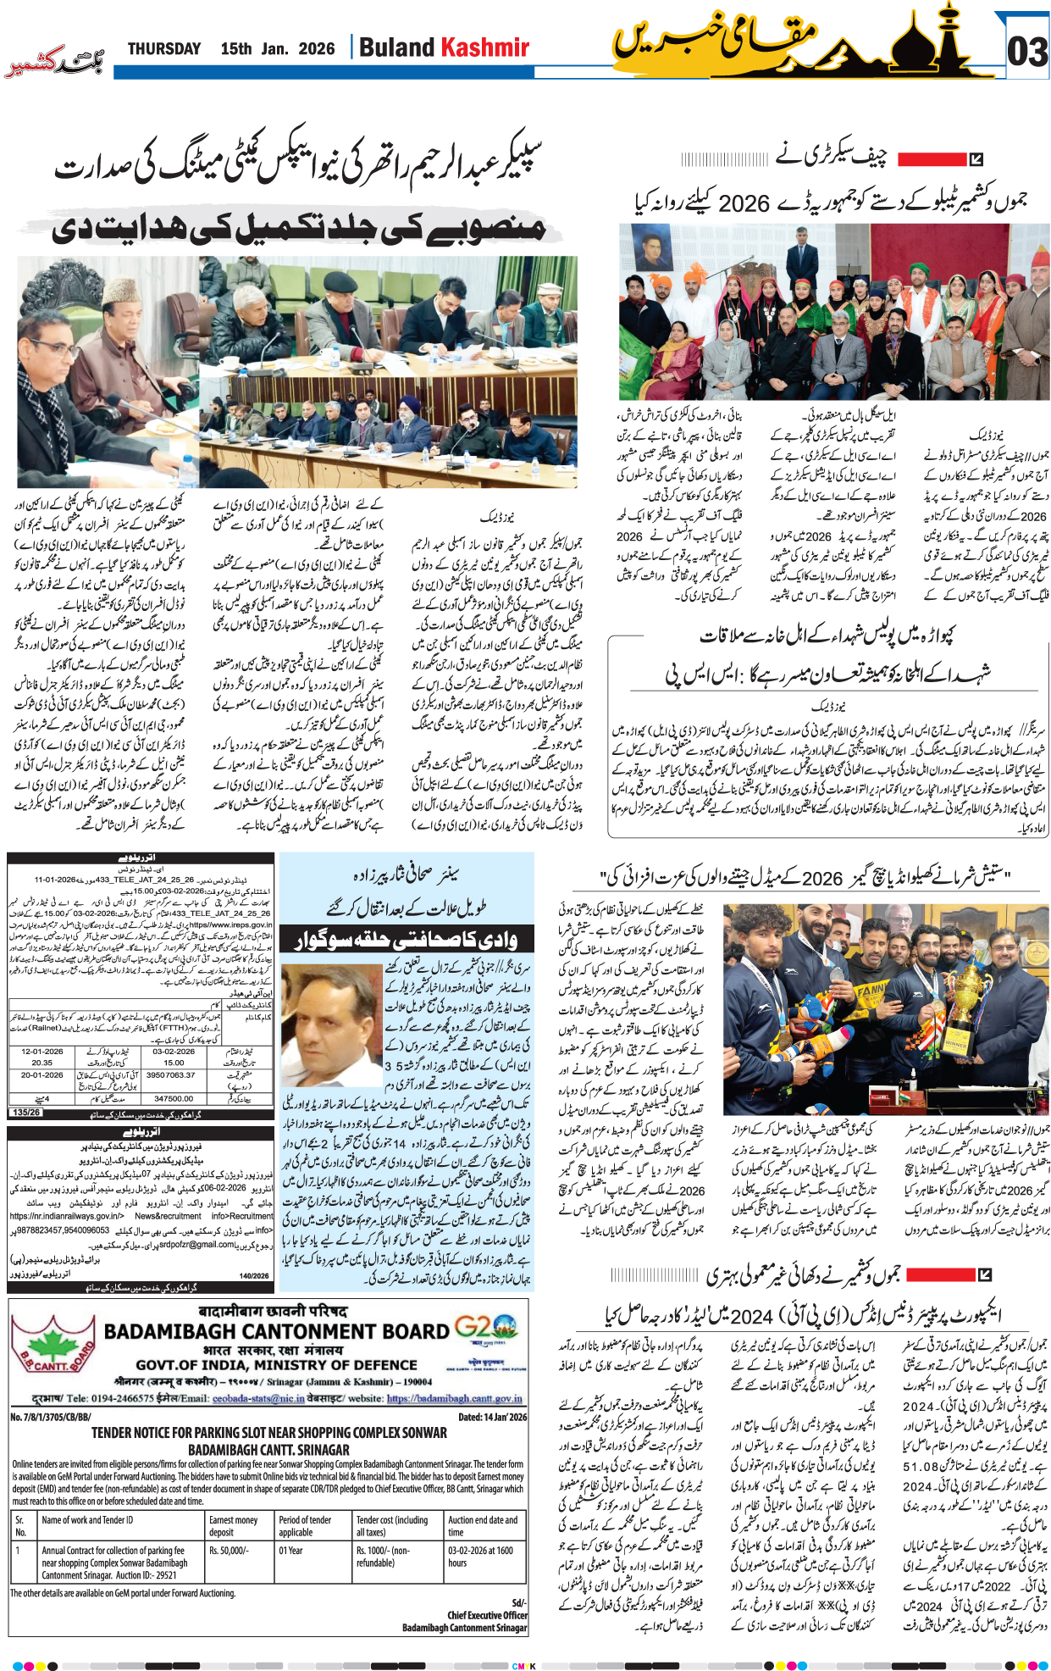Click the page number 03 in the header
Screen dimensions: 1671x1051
point(1026,52)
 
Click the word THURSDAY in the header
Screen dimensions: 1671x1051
point(164,49)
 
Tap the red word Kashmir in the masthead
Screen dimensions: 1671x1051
point(486,47)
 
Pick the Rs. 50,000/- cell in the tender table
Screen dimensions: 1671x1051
point(229,1551)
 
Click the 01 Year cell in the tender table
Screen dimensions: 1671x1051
point(291,1551)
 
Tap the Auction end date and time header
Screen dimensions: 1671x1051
point(483,1526)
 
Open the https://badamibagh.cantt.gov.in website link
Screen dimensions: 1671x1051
point(454,1399)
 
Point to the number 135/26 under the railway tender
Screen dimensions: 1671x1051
point(26,1113)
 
